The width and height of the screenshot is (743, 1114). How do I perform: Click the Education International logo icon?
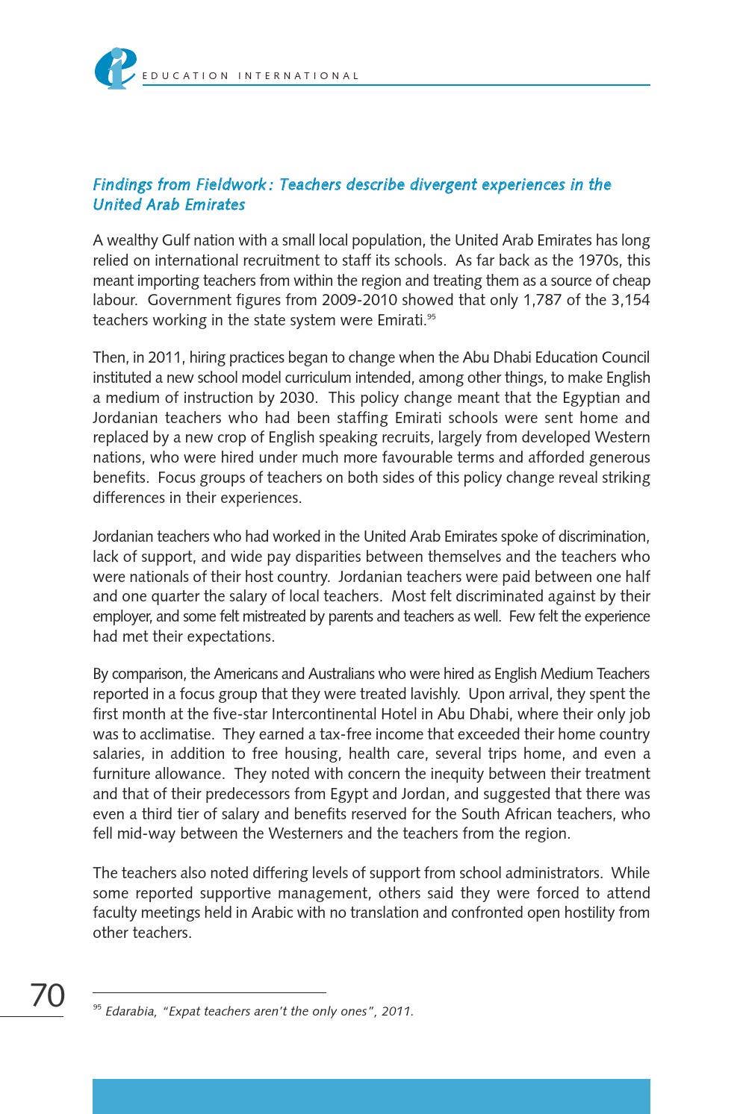pyautogui.click(x=114, y=69)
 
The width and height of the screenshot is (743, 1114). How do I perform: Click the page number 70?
pyautogui.click(x=47, y=995)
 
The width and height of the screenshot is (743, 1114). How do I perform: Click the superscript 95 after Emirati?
pyautogui.click(x=431, y=317)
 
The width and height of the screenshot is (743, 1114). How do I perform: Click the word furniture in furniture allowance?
pyautogui.click(x=121, y=774)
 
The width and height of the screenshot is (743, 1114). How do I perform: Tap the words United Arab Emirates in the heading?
pyautogui.click(x=169, y=204)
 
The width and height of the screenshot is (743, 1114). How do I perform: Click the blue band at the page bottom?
pyautogui.click(x=371, y=1096)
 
